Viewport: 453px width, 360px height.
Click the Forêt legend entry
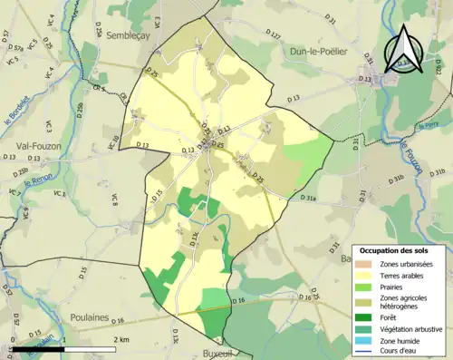(x=394, y=316)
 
